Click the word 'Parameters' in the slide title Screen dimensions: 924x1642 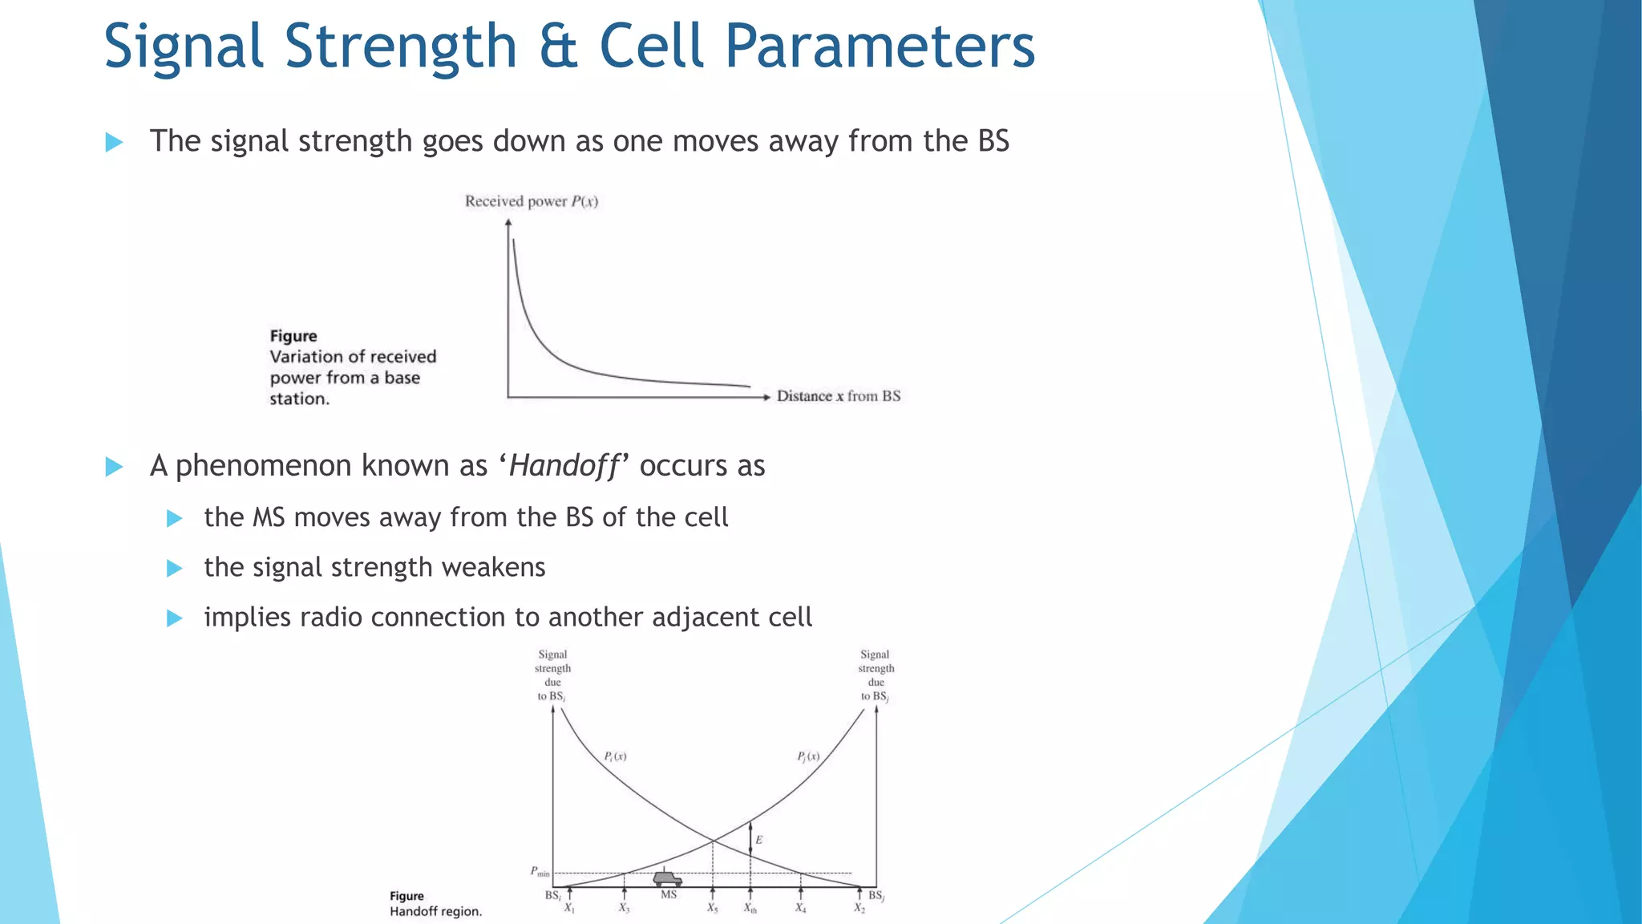pyautogui.click(x=880, y=47)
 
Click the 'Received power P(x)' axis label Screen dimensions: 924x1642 pyautogui.click(x=532, y=201)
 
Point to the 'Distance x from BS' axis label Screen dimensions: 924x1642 pyautogui.click(x=838, y=396)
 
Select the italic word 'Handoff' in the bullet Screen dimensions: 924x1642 pyautogui.click(x=564, y=466)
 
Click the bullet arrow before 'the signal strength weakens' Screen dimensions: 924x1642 pyautogui.click(x=175, y=569)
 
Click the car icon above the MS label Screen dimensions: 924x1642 pyautogui.click(x=667, y=878)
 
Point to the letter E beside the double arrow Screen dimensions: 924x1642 pyautogui.click(x=758, y=840)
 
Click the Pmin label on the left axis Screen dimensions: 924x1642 pyautogui.click(x=540, y=872)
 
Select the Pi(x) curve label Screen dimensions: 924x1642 pyautogui.click(x=615, y=756)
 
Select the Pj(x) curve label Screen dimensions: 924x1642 pyautogui.click(x=808, y=756)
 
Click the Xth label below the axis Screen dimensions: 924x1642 pyautogui.click(x=750, y=909)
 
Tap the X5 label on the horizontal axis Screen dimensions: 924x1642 pyautogui.click(x=712, y=909)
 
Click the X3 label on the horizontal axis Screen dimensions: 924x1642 pyautogui.click(x=624, y=909)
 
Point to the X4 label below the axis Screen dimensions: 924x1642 pyautogui.click(x=800, y=909)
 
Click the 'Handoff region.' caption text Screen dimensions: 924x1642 pyautogui.click(x=435, y=912)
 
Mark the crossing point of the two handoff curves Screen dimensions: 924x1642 pyautogui.click(x=713, y=841)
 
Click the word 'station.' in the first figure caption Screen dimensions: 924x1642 pyautogui.click(x=299, y=399)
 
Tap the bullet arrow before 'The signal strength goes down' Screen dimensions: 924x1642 pyautogui.click(x=114, y=143)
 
